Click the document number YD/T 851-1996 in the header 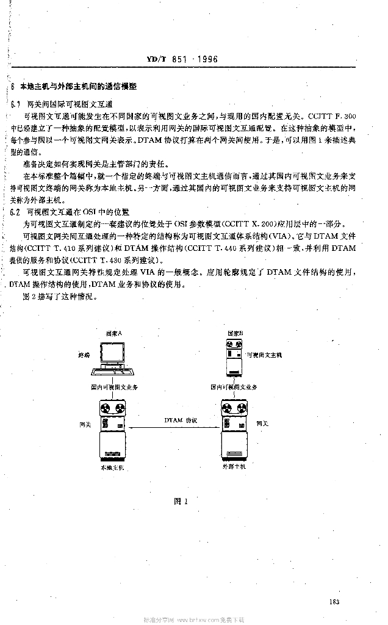[x=182, y=59]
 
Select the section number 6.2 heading [x=16, y=212]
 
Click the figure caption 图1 [x=179, y=501]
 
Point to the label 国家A [x=114, y=333]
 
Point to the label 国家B [x=236, y=333]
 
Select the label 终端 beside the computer [x=84, y=354]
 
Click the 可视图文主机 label [x=265, y=354]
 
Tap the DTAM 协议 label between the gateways [x=177, y=421]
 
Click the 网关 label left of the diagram [x=85, y=423]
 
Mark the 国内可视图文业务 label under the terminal [x=114, y=387]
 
